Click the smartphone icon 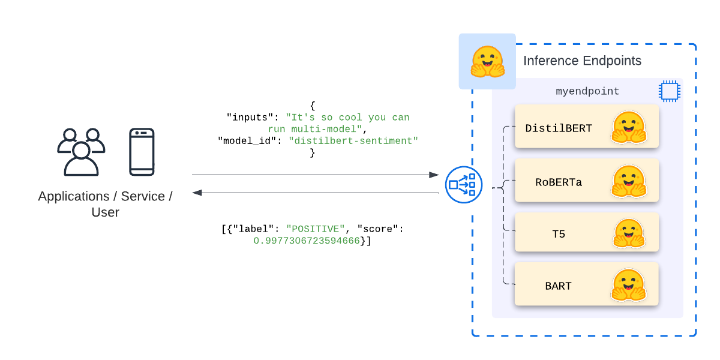[142, 152]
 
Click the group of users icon [81, 152]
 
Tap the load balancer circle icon [464, 185]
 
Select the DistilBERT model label [559, 128]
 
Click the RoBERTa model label [559, 182]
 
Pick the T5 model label [559, 234]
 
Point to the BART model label [559, 286]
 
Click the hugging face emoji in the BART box [628, 285]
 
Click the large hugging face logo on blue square [487, 62]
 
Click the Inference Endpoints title [582, 61]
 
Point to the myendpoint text [587, 92]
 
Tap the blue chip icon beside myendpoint [668, 91]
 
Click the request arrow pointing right [316, 175]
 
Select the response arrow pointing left [316, 193]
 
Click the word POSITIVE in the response [316, 229]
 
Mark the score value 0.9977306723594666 [307, 241]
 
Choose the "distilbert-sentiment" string [353, 141]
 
